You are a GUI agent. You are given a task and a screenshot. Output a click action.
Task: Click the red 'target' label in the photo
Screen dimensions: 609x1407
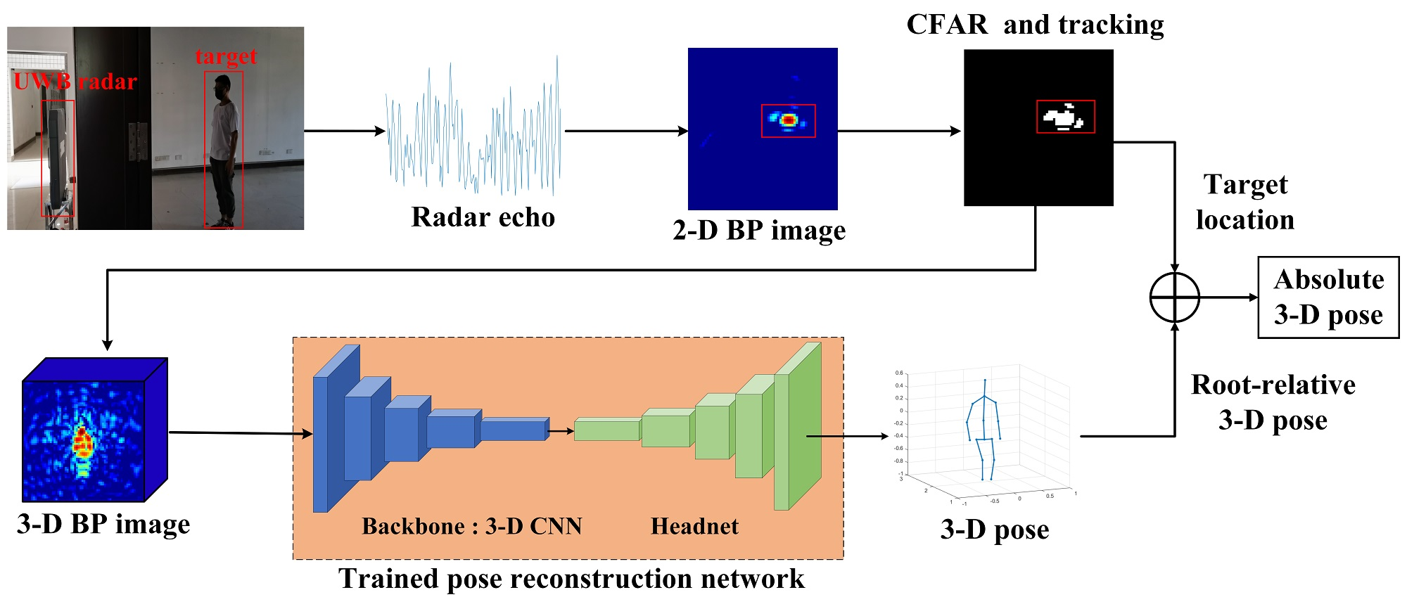tap(226, 56)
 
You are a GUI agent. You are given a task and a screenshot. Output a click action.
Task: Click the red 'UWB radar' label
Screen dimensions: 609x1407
tap(75, 82)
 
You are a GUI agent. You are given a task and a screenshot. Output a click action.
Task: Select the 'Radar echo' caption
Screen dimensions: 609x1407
tap(483, 217)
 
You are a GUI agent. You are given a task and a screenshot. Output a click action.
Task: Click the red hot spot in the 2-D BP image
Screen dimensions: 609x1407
tap(789, 121)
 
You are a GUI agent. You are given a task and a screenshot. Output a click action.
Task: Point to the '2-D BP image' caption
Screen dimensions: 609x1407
tap(759, 231)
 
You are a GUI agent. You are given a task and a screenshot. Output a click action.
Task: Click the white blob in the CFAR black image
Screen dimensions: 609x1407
tap(1063, 117)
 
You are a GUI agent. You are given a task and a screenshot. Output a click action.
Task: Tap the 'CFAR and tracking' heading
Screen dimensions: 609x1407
tap(1035, 25)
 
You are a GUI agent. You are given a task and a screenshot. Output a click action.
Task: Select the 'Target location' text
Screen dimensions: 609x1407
tap(1245, 203)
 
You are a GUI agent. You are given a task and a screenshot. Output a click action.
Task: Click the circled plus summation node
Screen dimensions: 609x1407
tap(1174, 297)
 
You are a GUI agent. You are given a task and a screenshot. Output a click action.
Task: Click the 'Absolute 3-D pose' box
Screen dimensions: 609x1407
tap(1328, 297)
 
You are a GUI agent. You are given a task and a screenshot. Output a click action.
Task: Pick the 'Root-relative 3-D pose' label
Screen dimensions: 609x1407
tap(1273, 402)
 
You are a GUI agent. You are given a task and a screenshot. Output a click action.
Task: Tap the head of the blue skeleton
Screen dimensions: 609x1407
tap(985, 380)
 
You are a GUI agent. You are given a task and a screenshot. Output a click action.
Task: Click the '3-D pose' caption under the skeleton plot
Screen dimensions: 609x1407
tap(994, 530)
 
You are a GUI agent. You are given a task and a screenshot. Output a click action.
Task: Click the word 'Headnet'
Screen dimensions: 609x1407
tap(694, 526)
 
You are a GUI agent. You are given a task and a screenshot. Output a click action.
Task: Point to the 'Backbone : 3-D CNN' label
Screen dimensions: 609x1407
tap(471, 526)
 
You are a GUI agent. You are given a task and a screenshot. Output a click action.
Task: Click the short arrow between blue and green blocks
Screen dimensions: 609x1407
tap(561, 431)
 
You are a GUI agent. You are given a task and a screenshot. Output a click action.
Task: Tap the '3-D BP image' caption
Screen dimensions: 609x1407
tap(103, 525)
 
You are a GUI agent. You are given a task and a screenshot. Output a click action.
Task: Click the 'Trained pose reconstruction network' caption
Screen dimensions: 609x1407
tap(571, 579)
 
